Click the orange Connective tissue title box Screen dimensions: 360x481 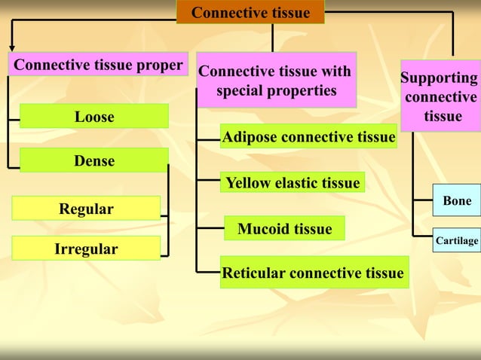250,12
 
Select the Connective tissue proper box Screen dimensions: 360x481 98,66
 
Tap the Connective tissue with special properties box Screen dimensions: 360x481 275,81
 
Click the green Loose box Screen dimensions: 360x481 94,117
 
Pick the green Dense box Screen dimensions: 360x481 94,160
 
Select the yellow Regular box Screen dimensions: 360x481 87,209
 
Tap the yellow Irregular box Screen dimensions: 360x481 87,249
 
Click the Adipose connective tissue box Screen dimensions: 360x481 308,137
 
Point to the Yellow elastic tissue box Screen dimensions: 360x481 293,182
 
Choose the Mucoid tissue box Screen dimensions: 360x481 284,228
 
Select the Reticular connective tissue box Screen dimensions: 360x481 313,273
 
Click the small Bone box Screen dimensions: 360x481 457,201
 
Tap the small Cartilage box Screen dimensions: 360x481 457,241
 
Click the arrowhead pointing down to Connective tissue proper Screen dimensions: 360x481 11,47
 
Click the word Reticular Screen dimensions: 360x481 254,273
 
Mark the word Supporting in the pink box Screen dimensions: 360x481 439,78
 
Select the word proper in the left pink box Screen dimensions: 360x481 160,66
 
